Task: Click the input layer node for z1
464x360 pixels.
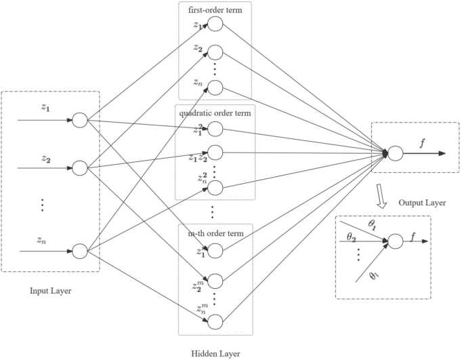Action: tap(79, 121)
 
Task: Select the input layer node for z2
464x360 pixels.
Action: tap(79, 167)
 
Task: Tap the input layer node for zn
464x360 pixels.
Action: tap(79, 251)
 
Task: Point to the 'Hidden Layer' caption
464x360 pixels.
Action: tap(215, 353)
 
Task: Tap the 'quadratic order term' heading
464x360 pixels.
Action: tap(215, 113)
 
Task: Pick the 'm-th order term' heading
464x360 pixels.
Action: tap(215, 234)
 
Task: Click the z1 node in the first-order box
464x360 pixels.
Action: tap(215, 24)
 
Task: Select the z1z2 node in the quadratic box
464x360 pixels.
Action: tap(215, 154)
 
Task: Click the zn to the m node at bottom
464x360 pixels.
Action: tap(215, 321)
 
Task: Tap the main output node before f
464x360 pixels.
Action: tap(394, 154)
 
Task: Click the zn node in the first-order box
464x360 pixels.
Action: tap(215, 87)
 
